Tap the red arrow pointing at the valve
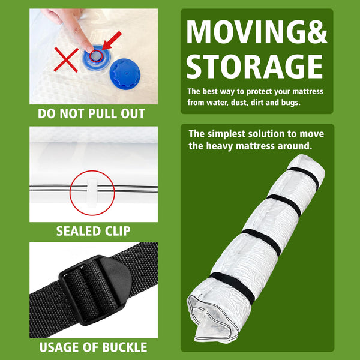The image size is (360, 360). click(112, 45)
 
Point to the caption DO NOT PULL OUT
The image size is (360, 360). click(91, 113)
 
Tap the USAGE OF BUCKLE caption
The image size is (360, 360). click(92, 347)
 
